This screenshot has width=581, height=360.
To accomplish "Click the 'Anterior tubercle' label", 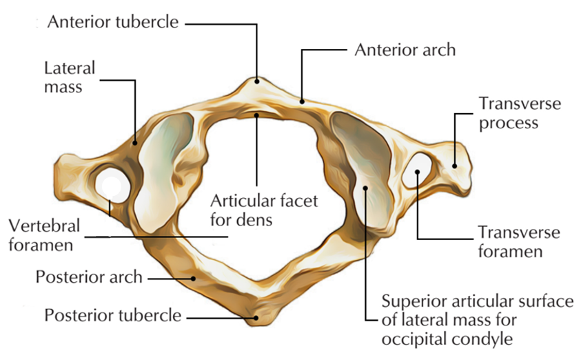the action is click(x=113, y=22).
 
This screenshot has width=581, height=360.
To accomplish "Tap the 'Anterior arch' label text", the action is click(x=405, y=50).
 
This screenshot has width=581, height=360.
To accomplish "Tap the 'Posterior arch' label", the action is click(x=89, y=277).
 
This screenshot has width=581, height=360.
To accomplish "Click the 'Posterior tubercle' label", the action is click(x=113, y=316).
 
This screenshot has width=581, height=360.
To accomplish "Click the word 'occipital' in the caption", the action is click(x=416, y=339).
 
